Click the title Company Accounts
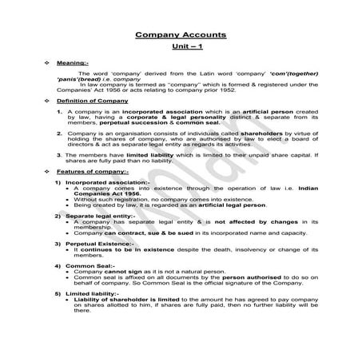(x=181, y=35)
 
